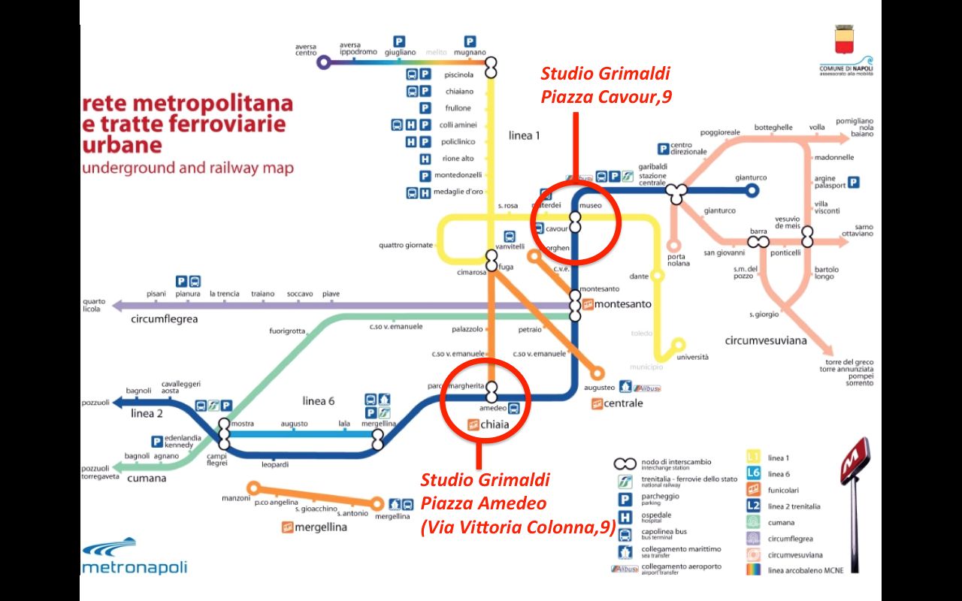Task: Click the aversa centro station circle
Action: click(324, 62)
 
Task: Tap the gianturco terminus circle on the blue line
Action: click(752, 190)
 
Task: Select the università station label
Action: click(692, 357)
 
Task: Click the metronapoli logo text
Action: click(135, 567)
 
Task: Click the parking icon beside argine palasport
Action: click(854, 183)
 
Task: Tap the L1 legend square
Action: click(754, 457)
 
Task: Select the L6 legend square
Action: click(754, 473)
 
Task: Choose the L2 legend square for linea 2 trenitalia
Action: click(754, 506)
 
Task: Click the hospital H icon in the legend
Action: click(623, 516)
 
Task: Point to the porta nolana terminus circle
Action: click(674, 245)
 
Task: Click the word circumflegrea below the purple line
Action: click(164, 319)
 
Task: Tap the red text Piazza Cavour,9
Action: click(606, 96)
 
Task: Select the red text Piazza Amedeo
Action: click(483, 503)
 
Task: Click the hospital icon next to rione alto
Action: click(425, 159)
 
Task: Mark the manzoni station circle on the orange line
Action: click(253, 487)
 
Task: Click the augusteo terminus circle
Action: click(598, 373)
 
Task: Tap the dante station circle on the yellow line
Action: click(658, 276)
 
